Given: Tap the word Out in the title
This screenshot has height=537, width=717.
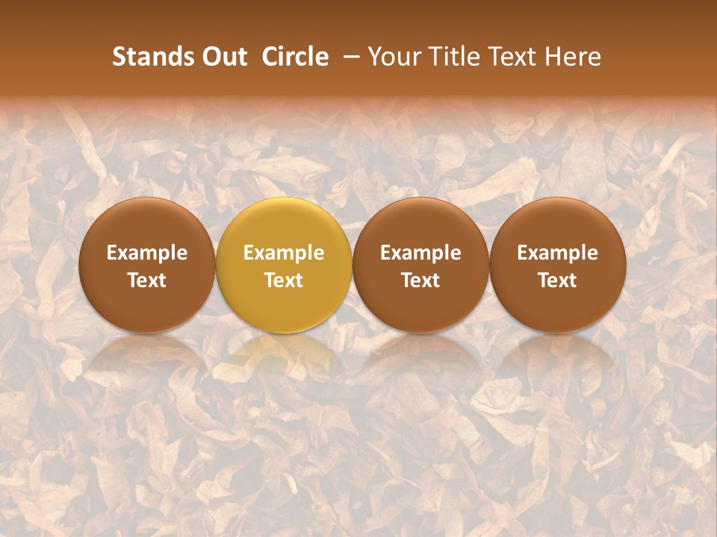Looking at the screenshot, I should click(x=223, y=57).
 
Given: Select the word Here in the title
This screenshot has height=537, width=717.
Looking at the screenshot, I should click(x=573, y=57).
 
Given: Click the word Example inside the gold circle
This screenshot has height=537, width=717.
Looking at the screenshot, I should click(x=284, y=253).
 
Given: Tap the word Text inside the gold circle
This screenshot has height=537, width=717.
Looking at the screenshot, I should click(x=284, y=280).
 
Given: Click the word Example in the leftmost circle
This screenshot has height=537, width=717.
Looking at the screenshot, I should click(x=147, y=253).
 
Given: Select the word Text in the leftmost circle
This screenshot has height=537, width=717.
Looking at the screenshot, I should click(x=147, y=280).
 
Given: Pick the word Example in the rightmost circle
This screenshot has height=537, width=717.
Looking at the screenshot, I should click(x=558, y=253).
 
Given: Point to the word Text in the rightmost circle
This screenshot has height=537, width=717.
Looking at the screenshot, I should click(x=558, y=280).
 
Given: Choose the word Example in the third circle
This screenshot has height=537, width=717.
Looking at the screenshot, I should click(x=420, y=253).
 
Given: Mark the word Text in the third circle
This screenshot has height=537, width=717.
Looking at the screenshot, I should click(x=420, y=280).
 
